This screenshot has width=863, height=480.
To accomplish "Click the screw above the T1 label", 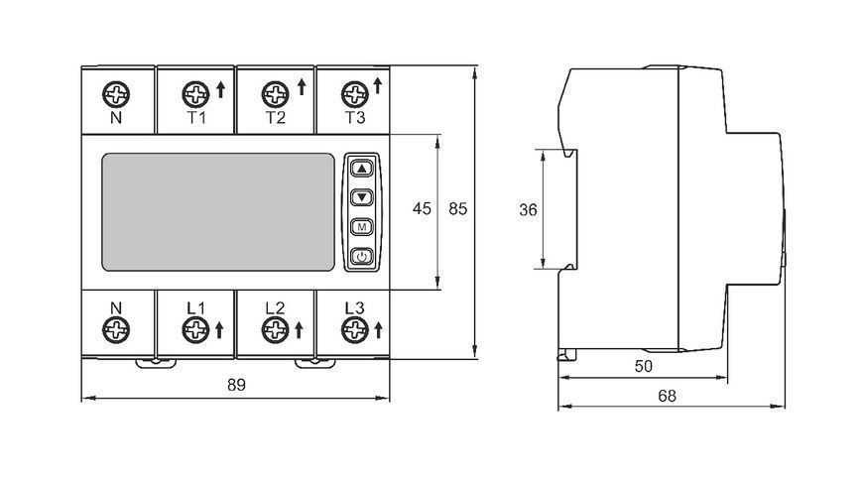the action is pyautogui.click(x=196, y=94).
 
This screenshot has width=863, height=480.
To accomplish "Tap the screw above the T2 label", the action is pyautogui.click(x=275, y=94).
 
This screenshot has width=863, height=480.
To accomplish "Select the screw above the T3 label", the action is pyautogui.click(x=355, y=94).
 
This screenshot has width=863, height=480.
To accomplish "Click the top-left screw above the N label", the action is pyautogui.click(x=116, y=94).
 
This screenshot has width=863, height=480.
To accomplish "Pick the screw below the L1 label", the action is pyautogui.click(x=196, y=330).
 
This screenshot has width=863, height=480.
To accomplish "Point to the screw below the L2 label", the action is pyautogui.click(x=275, y=330).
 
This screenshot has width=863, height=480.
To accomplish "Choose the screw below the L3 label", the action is pyautogui.click(x=355, y=330).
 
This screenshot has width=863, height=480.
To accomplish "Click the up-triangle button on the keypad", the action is pyautogui.click(x=362, y=169).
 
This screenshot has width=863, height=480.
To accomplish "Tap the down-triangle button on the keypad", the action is pyautogui.click(x=362, y=197).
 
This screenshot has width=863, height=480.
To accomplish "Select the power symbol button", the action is pyautogui.click(x=362, y=256).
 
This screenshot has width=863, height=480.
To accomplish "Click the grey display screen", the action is pyautogui.click(x=218, y=212).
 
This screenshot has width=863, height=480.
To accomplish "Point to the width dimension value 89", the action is pyautogui.click(x=236, y=385).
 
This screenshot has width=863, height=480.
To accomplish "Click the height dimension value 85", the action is pyautogui.click(x=458, y=208).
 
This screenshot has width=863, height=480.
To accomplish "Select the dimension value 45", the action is pyautogui.click(x=423, y=208).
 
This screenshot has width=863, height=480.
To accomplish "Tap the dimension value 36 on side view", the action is pyautogui.click(x=528, y=209).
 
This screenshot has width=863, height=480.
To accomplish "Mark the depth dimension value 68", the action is pyautogui.click(x=667, y=396).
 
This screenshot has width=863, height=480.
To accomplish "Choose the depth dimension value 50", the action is pyautogui.click(x=644, y=366).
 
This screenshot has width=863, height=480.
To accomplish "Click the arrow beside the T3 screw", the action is pyautogui.click(x=378, y=85).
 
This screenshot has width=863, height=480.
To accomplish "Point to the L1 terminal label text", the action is pyautogui.click(x=195, y=308).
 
